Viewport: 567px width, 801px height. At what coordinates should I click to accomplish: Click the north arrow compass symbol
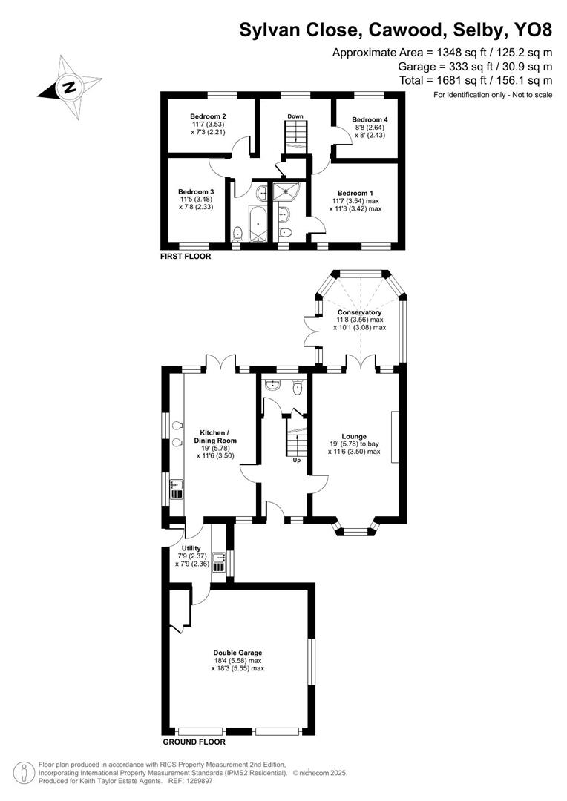tap(69, 88)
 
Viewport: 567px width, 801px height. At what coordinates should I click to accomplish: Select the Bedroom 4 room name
tap(369, 119)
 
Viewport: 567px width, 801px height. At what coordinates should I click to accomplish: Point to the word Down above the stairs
tap(295, 116)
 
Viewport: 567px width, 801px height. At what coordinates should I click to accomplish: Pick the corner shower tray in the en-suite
tap(285, 192)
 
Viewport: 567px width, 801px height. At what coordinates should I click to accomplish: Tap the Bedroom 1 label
tap(356, 191)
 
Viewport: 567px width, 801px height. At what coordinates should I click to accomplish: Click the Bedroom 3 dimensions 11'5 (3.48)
tap(197, 200)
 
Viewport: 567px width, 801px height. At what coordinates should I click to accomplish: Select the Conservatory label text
tap(360, 312)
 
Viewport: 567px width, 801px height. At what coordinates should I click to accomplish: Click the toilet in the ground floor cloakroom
tap(298, 386)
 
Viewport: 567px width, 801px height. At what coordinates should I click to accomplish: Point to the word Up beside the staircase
tap(296, 460)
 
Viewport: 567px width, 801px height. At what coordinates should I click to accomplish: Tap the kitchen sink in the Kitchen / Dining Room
tap(177, 488)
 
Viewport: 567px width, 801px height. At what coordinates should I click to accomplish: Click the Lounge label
tap(354, 436)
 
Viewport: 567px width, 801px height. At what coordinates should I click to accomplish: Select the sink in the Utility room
tap(219, 562)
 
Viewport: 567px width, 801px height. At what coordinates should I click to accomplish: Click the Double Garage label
tap(237, 653)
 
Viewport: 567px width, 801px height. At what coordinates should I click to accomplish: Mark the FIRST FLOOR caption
tap(186, 257)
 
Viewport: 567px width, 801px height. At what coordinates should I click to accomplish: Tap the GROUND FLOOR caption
tap(194, 741)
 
